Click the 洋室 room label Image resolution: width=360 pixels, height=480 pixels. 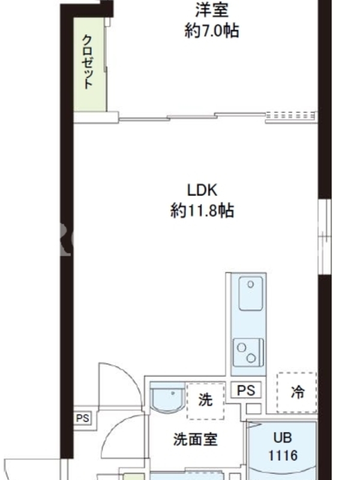(212, 10)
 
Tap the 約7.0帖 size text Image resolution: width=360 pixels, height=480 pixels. (212, 31)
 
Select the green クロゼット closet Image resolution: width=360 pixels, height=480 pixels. (90, 64)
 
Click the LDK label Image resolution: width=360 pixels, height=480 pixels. (202, 190)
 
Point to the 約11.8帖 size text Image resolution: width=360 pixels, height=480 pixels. (202, 211)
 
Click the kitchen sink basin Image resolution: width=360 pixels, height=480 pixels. (251, 293)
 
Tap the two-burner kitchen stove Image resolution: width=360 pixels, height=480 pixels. (248, 352)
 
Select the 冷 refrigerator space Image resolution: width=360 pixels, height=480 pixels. (296, 392)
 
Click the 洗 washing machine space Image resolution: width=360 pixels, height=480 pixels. (205, 400)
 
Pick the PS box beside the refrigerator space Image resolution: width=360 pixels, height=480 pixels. (246, 390)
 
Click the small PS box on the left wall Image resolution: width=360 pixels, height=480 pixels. (82, 418)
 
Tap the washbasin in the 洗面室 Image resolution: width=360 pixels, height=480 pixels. (168, 397)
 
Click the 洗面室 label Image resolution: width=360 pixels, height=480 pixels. (196, 440)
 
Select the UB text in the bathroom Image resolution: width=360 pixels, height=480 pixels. (283, 438)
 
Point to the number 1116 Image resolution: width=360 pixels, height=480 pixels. (283, 455)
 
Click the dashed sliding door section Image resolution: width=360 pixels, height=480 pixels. (291, 116)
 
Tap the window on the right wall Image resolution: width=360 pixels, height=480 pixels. (325, 236)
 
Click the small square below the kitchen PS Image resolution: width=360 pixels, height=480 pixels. (253, 409)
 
